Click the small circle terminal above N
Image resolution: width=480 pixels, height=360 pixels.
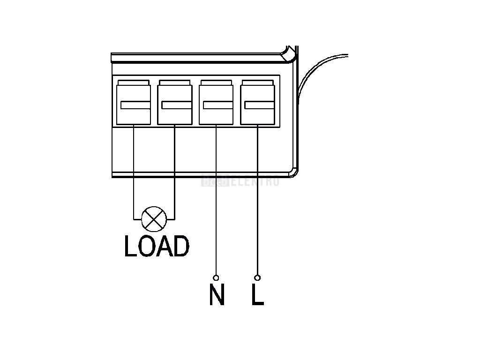click(216, 277)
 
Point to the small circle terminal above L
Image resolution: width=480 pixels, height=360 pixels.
click(257, 277)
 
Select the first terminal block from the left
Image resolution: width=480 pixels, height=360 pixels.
click(134, 103)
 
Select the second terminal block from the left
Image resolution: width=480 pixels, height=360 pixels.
click(174, 103)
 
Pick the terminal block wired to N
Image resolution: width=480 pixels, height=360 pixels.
click(216, 103)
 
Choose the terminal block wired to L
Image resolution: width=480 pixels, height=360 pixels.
click(257, 103)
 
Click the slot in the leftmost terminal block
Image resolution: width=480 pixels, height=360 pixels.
click(135, 105)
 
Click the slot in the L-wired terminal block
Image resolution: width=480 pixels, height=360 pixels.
click(259, 105)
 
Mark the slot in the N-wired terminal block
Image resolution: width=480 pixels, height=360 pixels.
click(218, 105)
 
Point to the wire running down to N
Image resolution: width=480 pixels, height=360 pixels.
click(216, 211)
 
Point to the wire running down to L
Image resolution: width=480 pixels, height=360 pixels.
click(257, 211)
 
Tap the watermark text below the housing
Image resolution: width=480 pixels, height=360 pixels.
click(240, 181)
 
